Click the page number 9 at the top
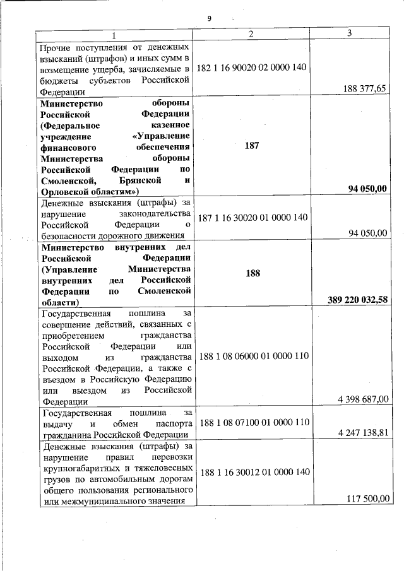(x=209, y=18)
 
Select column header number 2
(x=251, y=34)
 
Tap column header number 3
(x=349, y=33)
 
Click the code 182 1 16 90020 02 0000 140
(x=252, y=67)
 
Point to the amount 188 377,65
(x=364, y=89)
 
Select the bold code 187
(x=252, y=145)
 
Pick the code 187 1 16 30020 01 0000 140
(x=252, y=217)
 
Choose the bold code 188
(x=252, y=274)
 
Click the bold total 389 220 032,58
(x=357, y=298)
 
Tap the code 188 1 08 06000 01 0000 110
(x=253, y=356)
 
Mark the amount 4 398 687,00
(x=363, y=399)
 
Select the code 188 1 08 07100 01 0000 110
(x=253, y=421)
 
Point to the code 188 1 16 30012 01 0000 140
(x=253, y=472)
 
